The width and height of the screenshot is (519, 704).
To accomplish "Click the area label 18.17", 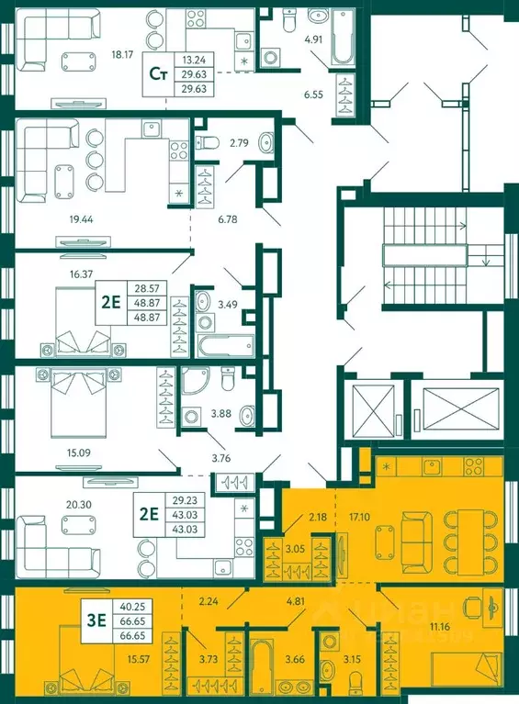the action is click(121, 55).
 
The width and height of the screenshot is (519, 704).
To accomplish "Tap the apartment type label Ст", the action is click(158, 74).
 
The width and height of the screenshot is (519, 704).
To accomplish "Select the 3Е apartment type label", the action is click(96, 620).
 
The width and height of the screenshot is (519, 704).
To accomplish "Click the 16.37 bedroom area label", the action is click(82, 274).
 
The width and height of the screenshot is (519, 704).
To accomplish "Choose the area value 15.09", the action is click(79, 453).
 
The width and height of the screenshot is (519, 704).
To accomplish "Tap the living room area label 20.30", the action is click(79, 505).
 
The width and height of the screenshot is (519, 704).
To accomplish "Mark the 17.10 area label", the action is click(359, 517).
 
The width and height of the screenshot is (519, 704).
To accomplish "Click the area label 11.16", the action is click(440, 626).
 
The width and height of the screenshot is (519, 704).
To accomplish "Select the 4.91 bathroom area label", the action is click(313, 39).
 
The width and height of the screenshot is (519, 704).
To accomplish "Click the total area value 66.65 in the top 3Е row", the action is click(133, 620).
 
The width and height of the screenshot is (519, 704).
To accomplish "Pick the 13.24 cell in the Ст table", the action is click(194, 60).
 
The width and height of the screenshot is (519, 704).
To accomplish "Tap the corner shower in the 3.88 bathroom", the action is click(195, 382).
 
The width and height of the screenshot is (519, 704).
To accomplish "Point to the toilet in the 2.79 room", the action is click(207, 142).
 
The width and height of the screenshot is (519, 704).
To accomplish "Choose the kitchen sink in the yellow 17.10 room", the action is click(432, 467).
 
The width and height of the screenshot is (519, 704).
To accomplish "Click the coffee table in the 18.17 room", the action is click(79, 61).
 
